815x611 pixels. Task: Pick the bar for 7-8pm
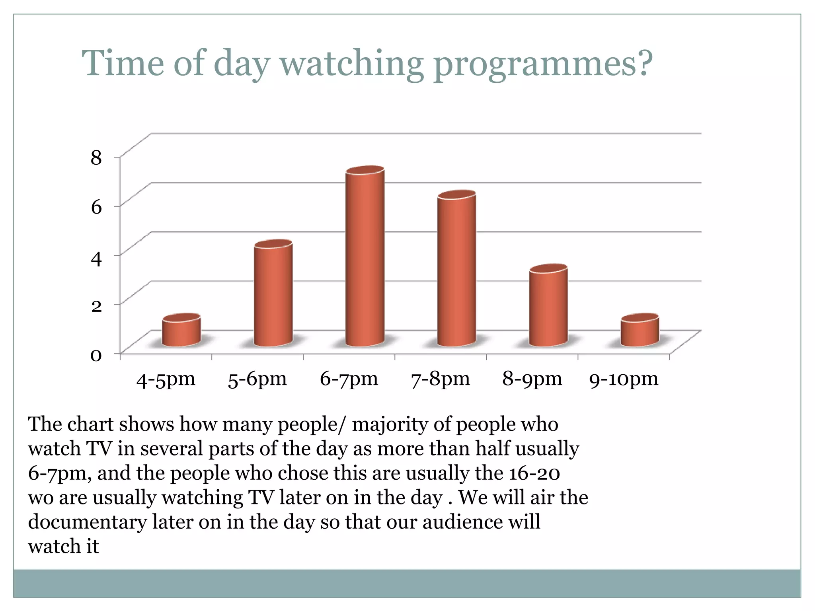pos(456,270)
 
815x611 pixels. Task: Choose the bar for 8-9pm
pos(548,306)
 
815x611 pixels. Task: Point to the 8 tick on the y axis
pos(96,158)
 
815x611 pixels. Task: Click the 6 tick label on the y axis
pos(96,207)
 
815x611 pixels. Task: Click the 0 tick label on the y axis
pos(96,355)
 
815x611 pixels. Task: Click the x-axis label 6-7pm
pos(349,379)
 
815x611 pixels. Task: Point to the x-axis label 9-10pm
pos(624,379)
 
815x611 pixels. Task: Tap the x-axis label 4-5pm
pos(166,379)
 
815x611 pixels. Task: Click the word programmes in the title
pos(543,64)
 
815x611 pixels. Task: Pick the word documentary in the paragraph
pos(88,522)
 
